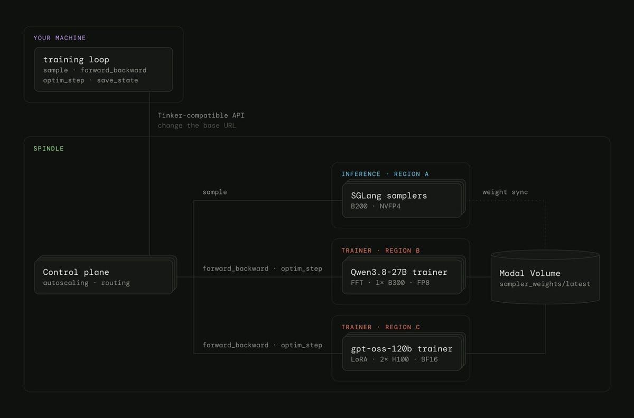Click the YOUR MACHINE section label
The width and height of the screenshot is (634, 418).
click(x=59, y=38)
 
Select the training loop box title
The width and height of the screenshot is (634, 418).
click(x=76, y=60)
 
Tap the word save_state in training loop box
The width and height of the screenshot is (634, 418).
click(x=117, y=80)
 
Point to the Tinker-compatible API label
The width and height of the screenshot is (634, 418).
click(x=201, y=116)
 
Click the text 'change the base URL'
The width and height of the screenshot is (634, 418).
click(x=197, y=126)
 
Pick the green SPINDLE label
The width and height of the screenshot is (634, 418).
click(x=49, y=148)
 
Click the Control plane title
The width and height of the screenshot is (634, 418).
click(x=76, y=272)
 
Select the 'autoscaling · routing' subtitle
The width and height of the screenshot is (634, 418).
click(x=86, y=283)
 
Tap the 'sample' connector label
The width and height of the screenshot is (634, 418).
click(x=215, y=192)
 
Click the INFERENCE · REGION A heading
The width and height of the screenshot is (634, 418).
click(x=385, y=174)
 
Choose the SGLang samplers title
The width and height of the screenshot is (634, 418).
click(x=389, y=196)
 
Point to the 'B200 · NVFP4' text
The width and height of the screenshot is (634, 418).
click(x=376, y=206)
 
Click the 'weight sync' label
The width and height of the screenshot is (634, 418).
click(x=505, y=192)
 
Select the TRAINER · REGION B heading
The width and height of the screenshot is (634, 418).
click(x=381, y=250)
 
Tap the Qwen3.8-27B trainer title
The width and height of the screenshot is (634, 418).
click(x=399, y=272)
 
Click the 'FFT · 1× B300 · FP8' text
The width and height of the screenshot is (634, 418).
click(x=390, y=283)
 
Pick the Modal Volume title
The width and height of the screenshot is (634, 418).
click(x=530, y=273)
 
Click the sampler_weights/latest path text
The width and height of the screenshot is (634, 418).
click(x=545, y=284)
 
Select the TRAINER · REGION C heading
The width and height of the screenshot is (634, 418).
click(x=381, y=327)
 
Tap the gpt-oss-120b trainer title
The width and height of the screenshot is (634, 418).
click(x=402, y=349)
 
